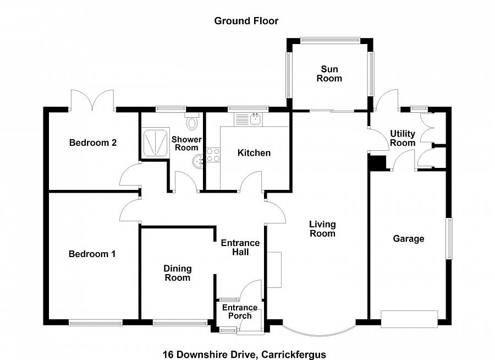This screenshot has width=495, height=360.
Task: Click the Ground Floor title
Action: (246, 21)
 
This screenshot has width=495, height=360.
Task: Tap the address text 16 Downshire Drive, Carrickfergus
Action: (244, 354)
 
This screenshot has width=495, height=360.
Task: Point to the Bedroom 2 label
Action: (93, 143)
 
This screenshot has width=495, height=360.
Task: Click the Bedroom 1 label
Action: (92, 254)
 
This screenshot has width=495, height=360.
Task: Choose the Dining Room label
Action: (177, 273)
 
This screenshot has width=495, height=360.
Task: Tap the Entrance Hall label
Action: (240, 247)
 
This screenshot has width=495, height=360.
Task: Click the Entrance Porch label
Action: (240, 312)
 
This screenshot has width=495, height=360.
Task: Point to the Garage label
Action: (408, 238)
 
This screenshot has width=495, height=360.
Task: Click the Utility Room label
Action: (403, 138)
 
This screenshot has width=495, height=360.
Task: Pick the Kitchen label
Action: (254, 152)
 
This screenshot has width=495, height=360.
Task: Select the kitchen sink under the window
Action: (250, 118)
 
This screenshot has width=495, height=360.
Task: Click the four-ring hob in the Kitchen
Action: (213, 155)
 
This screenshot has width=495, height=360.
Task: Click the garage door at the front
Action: (409, 319)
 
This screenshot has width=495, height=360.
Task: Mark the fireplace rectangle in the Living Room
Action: (274, 269)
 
